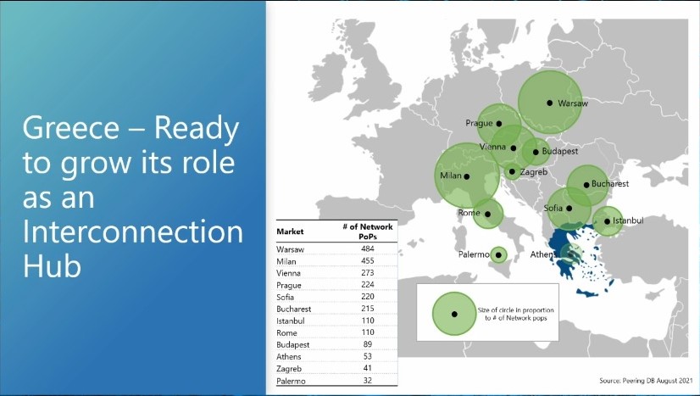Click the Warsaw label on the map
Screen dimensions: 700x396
click(x=573, y=103)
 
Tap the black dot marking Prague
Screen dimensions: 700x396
click(x=499, y=124)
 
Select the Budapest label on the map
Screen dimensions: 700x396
click(x=560, y=151)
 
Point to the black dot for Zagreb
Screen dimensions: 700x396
click(x=512, y=171)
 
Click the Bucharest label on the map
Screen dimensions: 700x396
click(x=610, y=184)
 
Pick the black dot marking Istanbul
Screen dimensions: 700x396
click(x=607, y=221)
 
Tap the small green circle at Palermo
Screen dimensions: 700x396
click(x=498, y=255)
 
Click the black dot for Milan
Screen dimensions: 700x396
click(x=466, y=176)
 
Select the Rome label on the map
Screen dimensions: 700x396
click(x=469, y=213)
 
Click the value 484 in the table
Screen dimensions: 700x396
click(x=368, y=248)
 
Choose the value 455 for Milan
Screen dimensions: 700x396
click(x=368, y=260)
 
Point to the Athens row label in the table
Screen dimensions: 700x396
click(x=289, y=357)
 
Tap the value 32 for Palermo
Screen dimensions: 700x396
click(x=368, y=381)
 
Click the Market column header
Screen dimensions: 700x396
click(x=290, y=231)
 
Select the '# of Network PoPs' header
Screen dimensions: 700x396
click(x=368, y=231)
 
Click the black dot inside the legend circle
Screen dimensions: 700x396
click(x=454, y=315)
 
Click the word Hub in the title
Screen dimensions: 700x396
click(x=53, y=266)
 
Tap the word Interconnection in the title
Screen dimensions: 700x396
click(x=133, y=231)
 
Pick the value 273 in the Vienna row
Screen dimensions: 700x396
click(x=368, y=272)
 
